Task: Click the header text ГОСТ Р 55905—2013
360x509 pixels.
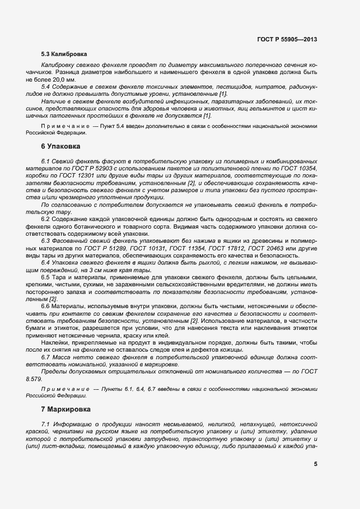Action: (x=286, y=40)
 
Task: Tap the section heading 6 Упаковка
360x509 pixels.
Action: (x=60, y=147)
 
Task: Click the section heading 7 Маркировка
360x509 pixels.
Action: (x=66, y=408)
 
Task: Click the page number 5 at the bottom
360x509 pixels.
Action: (x=315, y=464)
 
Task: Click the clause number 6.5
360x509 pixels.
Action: (x=46, y=277)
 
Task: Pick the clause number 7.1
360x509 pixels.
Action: (x=46, y=423)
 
